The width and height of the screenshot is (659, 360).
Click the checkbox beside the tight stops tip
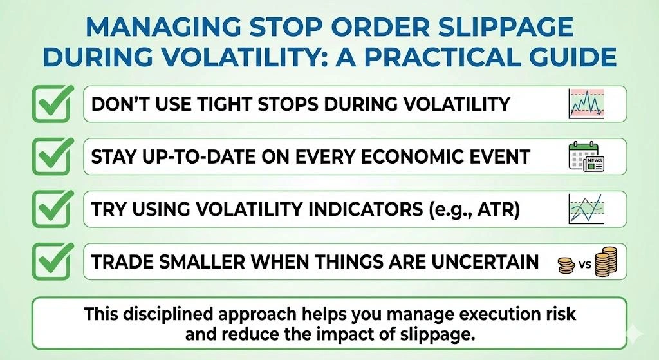52,104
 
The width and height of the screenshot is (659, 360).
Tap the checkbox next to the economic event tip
52,156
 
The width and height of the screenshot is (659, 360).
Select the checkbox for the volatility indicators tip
52,209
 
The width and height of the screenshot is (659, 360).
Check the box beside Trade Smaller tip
52,262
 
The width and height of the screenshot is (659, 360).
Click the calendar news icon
586,156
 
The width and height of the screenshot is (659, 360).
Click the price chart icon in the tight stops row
586,104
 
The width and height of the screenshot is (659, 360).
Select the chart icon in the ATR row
586,209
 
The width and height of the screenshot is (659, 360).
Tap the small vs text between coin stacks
583,264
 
